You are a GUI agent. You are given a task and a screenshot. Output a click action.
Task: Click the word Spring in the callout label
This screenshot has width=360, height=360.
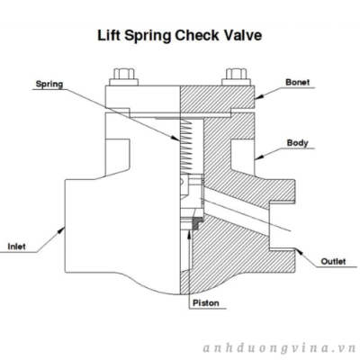[x=49, y=84]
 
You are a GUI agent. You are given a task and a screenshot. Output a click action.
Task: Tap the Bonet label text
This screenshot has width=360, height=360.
[x=297, y=82]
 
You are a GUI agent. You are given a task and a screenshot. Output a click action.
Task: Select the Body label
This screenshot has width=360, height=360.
[x=297, y=143]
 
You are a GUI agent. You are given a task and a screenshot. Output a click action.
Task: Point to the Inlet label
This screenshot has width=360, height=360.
[x=16, y=247]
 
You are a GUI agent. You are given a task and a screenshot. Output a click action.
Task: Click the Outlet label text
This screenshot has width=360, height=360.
[x=333, y=261]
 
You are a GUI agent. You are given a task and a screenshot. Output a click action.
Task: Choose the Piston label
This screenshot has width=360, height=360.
[x=206, y=303]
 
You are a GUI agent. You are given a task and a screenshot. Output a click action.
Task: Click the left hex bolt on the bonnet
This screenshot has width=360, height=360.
[x=123, y=77]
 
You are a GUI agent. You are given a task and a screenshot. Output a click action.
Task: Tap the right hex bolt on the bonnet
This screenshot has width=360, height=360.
[x=236, y=77]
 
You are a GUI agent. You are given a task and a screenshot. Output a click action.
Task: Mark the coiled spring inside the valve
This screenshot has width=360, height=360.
[x=185, y=146]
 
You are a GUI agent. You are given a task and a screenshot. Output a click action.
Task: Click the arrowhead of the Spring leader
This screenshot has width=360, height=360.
[x=175, y=139]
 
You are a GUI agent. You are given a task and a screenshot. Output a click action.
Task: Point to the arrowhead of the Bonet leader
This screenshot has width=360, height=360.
[x=259, y=96]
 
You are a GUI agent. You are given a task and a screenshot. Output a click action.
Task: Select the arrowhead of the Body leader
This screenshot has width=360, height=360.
[x=259, y=157]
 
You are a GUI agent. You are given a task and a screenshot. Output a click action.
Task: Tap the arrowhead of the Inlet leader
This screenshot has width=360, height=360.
[x=61, y=230]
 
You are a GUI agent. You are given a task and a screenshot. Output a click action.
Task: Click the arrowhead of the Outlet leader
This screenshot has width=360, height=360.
[x=299, y=252]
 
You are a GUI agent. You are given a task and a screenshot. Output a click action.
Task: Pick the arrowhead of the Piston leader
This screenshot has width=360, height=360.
[x=189, y=234]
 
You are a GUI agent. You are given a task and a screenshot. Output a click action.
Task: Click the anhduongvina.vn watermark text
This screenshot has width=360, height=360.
[x=279, y=349]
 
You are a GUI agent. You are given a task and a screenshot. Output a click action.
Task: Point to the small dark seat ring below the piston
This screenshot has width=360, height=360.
[x=196, y=225]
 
